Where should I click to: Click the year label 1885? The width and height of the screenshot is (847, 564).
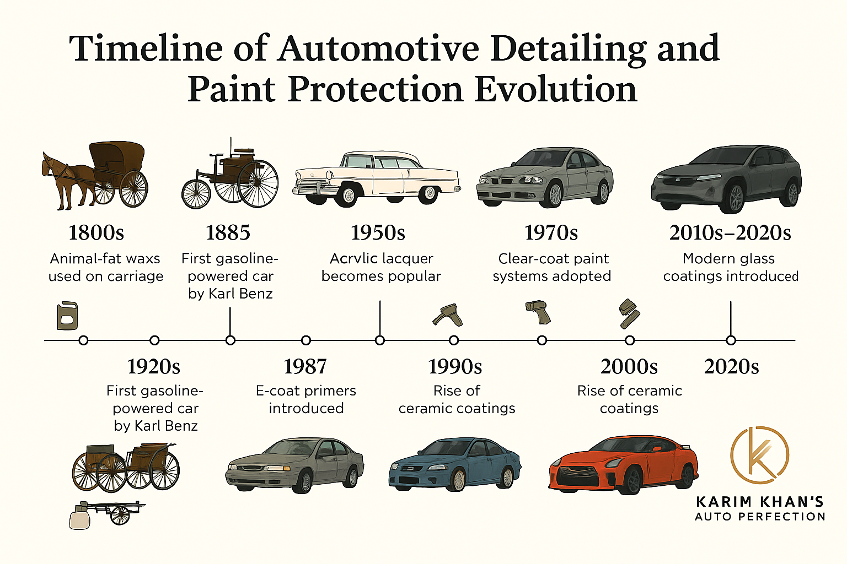tap(228, 232)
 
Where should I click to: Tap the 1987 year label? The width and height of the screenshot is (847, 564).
tap(305, 366)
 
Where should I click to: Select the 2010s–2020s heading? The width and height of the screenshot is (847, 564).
tap(730, 232)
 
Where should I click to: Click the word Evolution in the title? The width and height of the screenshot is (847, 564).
tap(556, 89)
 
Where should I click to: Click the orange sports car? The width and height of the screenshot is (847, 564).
tap(623, 465)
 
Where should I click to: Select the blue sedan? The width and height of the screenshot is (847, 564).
tap(455, 464)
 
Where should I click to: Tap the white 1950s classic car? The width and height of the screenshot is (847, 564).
tap(377, 178)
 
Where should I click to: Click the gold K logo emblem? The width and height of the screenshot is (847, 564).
tap(759, 455)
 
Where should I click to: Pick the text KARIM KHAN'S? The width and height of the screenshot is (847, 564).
tap(760, 502)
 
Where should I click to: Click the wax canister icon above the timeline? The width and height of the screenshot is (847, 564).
tap(67, 316)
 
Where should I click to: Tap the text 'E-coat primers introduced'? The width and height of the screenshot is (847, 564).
tap(306, 399)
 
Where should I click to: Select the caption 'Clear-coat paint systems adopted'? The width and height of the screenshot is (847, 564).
tap(552, 268)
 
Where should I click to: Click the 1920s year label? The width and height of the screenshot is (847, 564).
tap(153, 366)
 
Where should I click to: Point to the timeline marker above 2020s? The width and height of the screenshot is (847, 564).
tap(731, 340)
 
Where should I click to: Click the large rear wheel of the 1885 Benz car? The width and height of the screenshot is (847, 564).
tap(258, 183)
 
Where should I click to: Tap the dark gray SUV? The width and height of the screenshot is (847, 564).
tap(726, 178)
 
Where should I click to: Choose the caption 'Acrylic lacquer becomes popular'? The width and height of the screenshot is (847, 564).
tap(381, 268)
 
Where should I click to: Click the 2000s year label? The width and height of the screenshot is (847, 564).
tap(629, 366)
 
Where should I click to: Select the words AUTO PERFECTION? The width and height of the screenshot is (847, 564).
tap(760, 517)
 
